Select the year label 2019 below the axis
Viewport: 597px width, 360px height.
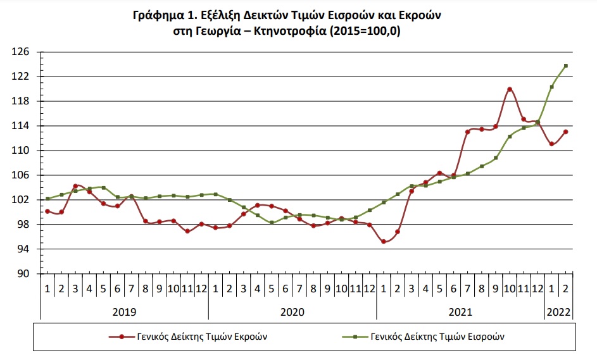click(124, 312)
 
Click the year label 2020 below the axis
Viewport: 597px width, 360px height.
click(292, 312)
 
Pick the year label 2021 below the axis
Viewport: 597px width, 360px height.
click(460, 312)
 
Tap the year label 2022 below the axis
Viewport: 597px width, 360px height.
click(558, 312)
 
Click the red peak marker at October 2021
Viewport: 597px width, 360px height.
click(510, 89)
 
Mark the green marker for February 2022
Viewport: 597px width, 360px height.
click(565, 66)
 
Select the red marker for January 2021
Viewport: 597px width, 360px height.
click(384, 241)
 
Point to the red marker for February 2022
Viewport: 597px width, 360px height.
click(565, 132)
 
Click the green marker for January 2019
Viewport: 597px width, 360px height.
click(47, 199)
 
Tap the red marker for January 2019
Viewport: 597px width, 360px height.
click(47, 211)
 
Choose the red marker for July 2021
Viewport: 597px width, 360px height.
click(467, 132)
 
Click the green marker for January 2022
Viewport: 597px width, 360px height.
click(551, 87)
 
